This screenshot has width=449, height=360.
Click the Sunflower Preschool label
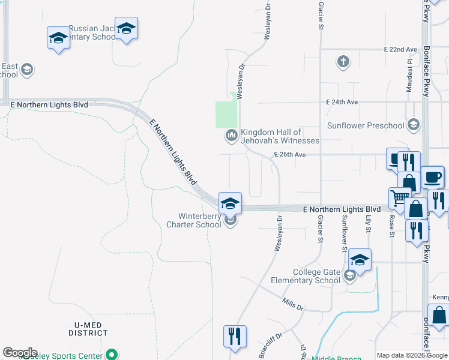tap(366, 125)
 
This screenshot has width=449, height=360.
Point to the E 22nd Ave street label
tap(400, 49)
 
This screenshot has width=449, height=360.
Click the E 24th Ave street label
tap(342, 103)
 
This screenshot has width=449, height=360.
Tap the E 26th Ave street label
tap(290, 155)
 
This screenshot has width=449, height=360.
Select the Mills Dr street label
tap(292, 304)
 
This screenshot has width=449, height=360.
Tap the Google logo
tap(20, 353)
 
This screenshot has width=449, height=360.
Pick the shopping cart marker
tap(399, 196)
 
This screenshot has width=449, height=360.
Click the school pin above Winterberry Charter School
tap(230, 202)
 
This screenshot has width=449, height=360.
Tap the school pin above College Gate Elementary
tap(360, 259)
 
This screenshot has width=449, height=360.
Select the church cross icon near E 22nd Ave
tap(343, 61)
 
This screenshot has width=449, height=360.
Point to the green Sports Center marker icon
tap(110, 355)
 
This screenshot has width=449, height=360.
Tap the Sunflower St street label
tap(345, 233)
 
